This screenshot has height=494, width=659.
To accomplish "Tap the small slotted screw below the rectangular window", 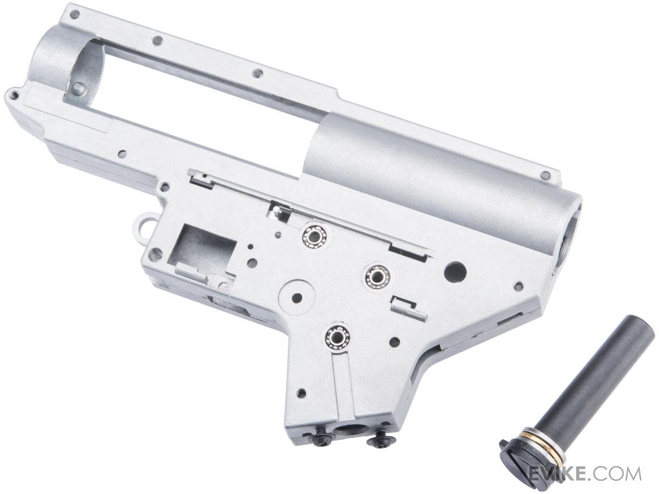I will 225,286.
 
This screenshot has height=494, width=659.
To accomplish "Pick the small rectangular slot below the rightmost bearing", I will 406,307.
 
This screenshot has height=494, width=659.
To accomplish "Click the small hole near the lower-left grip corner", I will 300,393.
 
